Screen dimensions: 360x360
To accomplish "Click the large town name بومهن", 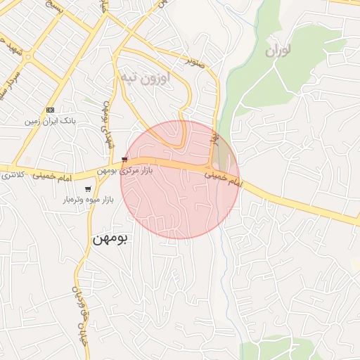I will [x=111, y=238].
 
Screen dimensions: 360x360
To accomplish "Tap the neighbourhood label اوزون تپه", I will [x=146, y=77].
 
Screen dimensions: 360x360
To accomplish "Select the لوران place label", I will [x=278, y=51].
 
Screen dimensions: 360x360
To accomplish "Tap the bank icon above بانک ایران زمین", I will [x=50, y=110].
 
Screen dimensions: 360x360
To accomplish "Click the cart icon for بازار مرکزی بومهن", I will [x=124, y=160].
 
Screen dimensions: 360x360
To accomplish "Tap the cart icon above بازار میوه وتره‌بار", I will [x=87, y=189].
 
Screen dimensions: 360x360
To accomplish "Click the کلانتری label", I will [x=15, y=173].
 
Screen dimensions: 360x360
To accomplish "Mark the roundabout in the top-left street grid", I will [x=29, y=57].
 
